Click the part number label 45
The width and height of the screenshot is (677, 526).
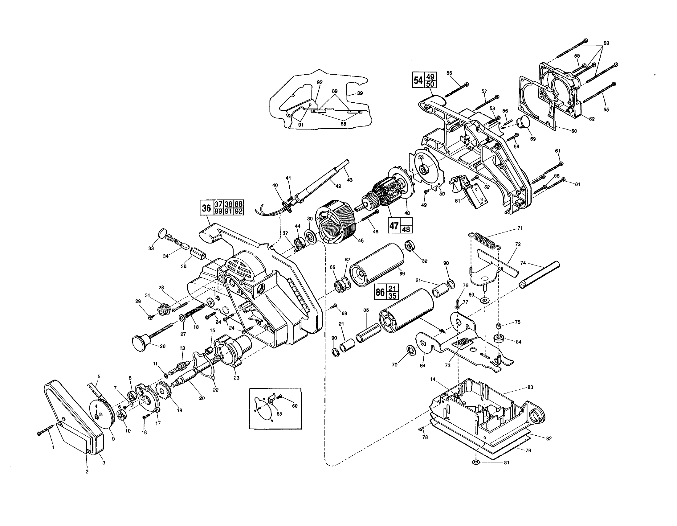360,240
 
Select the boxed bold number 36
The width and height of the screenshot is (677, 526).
206,208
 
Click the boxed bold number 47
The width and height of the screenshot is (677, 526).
394,225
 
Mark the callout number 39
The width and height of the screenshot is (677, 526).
360,93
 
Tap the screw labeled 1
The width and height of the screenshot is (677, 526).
45,430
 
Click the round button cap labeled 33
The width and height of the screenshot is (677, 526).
162,233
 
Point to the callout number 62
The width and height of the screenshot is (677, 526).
592,119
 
